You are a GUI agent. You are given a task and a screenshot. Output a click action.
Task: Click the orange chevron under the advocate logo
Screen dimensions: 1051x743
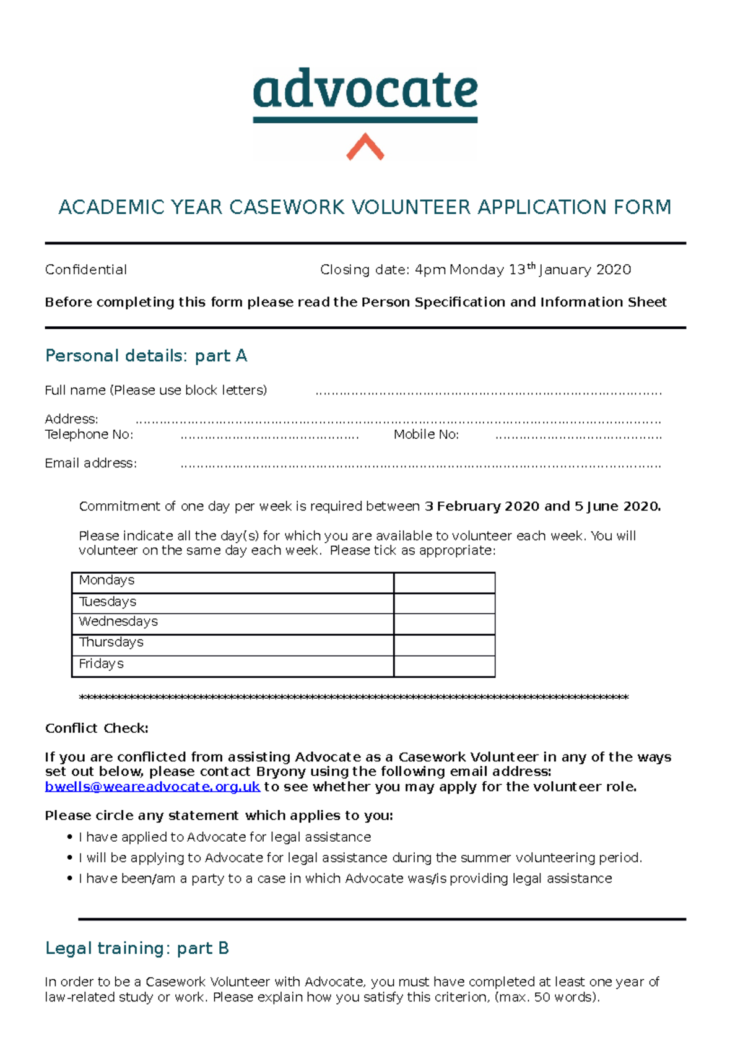[x=365, y=147]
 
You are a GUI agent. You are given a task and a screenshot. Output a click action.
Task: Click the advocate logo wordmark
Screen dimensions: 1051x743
[x=365, y=90]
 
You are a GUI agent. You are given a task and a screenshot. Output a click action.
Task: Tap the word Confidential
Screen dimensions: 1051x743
[x=85, y=270]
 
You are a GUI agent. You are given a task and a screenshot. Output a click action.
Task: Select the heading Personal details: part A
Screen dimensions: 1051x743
[x=146, y=356]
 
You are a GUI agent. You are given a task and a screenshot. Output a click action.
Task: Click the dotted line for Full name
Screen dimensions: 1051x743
[x=488, y=392]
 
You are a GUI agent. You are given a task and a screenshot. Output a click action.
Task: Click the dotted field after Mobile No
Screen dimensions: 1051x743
[x=578, y=436]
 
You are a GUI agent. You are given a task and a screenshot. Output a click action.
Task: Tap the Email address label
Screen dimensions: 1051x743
[x=90, y=463]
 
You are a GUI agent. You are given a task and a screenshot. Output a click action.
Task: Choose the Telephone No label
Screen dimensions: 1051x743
[x=89, y=435]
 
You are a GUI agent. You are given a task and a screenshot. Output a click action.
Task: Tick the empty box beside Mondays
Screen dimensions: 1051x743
[x=444, y=583]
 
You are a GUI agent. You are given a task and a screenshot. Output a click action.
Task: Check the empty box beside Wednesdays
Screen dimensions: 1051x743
[x=444, y=624]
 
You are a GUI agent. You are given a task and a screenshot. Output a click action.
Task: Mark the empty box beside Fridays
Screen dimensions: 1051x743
[x=444, y=666]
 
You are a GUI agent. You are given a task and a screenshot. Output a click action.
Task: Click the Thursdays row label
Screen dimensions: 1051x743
[x=111, y=642]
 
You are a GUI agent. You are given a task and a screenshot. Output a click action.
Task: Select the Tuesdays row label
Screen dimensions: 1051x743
[x=107, y=602]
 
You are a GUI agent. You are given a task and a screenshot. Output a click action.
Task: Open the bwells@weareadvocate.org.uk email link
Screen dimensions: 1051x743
[x=152, y=787]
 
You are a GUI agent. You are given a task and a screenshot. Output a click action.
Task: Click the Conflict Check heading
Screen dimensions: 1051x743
[x=97, y=729]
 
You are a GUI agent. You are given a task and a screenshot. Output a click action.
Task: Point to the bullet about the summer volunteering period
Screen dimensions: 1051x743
[x=360, y=858]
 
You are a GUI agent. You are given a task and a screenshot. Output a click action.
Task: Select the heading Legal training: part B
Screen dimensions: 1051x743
[x=137, y=948]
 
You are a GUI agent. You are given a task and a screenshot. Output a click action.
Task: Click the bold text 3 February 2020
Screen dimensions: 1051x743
[x=482, y=506]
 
